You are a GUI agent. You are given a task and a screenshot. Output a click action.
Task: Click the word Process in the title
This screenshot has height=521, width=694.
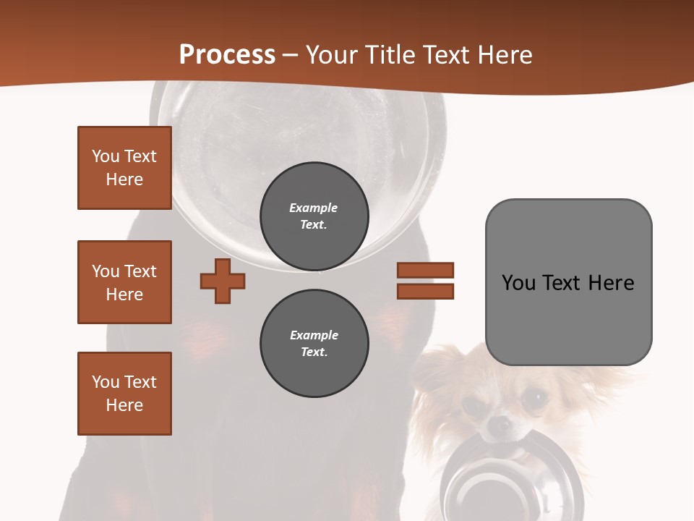click(227, 55)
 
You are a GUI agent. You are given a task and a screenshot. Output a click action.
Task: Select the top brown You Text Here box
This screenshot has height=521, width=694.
click(124, 168)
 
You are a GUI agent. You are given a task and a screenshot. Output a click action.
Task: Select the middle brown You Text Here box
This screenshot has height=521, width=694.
click(124, 282)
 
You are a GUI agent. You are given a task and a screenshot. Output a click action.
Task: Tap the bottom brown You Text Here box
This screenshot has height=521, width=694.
click(124, 394)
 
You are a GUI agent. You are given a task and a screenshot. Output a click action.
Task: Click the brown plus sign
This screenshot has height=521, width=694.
click(223, 281)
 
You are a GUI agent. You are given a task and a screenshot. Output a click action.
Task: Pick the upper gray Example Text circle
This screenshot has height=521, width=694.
click(314, 216)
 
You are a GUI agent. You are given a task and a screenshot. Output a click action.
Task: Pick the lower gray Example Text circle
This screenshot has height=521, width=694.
click(314, 344)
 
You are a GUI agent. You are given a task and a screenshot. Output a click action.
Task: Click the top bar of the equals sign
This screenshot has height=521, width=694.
click(425, 270)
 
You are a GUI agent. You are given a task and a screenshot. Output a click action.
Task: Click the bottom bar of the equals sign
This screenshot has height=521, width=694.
click(425, 291)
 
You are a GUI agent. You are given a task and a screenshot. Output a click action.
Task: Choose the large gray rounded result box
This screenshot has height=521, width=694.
click(568, 282)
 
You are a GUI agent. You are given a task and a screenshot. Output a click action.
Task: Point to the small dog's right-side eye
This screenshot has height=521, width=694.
click(535, 396)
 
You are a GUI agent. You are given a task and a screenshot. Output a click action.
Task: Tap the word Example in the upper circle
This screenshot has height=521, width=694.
click(314, 208)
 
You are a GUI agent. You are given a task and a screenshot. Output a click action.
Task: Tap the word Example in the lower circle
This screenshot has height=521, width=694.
click(314, 335)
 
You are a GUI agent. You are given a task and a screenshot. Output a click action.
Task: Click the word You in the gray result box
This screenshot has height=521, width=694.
click(518, 282)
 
